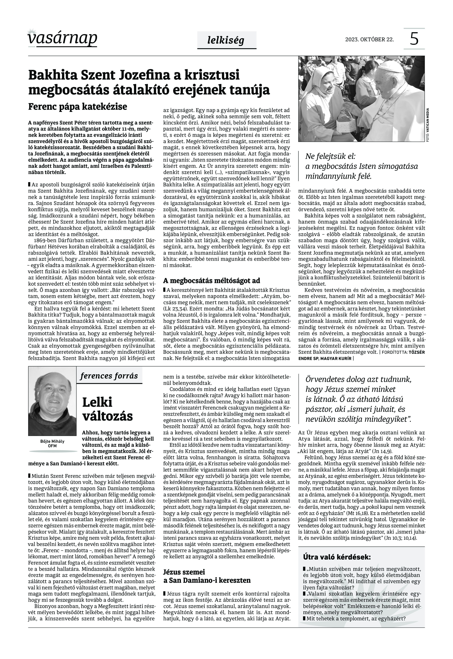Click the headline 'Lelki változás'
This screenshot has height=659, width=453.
107,409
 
